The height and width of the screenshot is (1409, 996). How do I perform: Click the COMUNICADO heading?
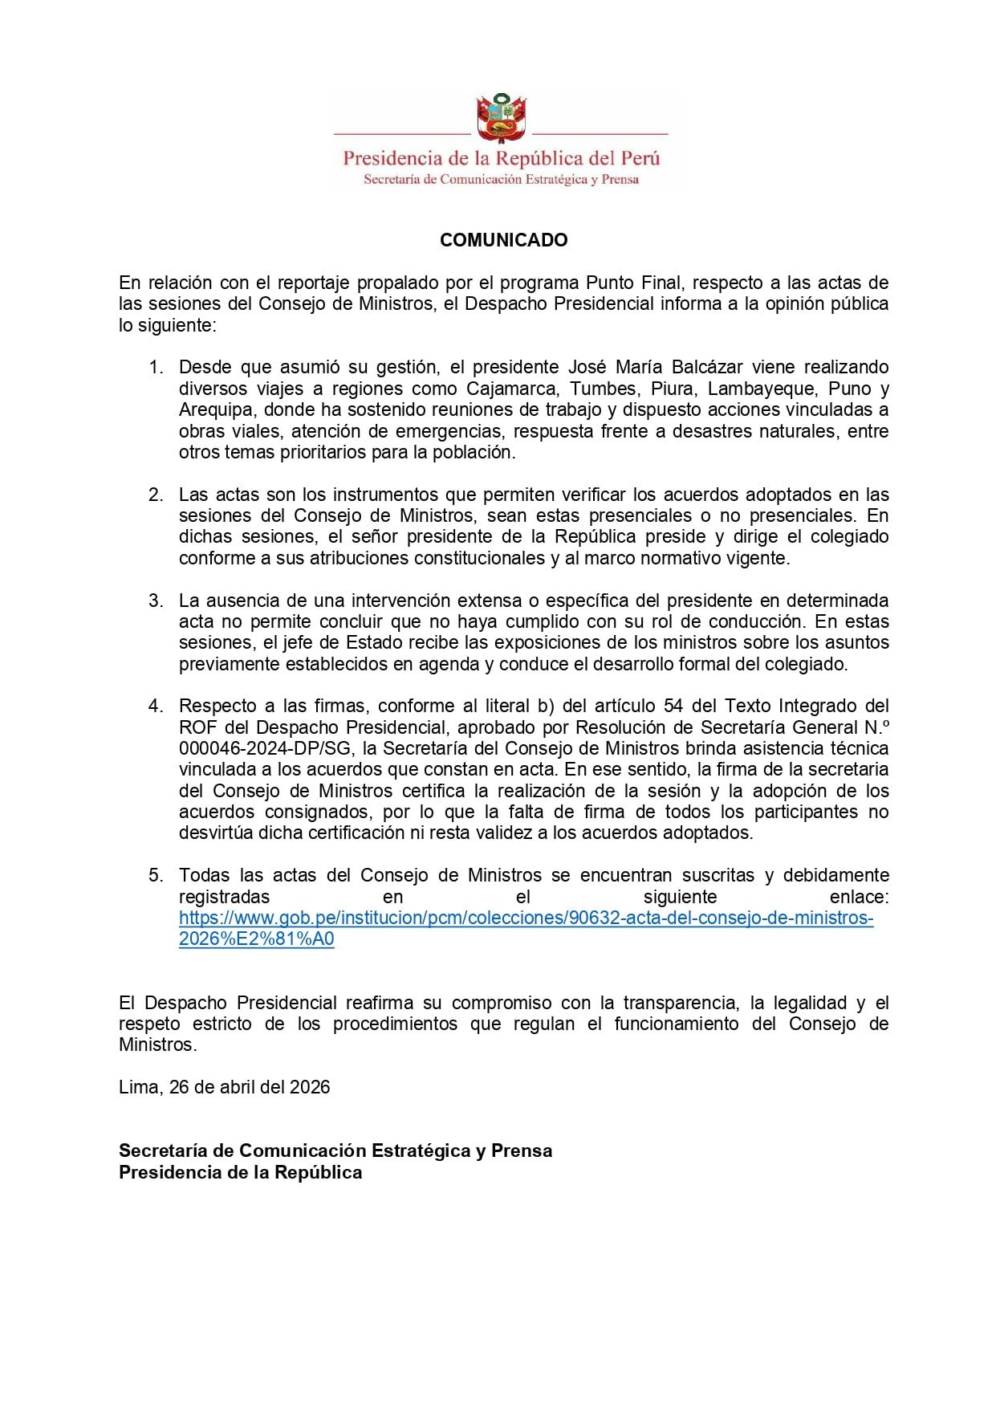click(x=503, y=240)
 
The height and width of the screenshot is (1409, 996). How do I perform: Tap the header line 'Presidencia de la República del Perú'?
click(x=501, y=158)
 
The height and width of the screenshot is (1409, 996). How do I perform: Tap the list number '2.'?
click(x=156, y=495)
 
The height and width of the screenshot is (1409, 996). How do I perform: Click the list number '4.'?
click(x=156, y=706)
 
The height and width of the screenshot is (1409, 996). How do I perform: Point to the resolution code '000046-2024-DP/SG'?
click(x=266, y=748)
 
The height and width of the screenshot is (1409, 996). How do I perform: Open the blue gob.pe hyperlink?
click(x=526, y=918)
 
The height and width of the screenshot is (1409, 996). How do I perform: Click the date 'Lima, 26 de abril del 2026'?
click(x=225, y=1087)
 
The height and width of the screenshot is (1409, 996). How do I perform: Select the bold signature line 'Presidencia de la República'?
click(x=240, y=1172)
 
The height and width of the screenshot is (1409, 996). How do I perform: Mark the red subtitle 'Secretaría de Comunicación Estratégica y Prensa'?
click(x=501, y=180)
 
